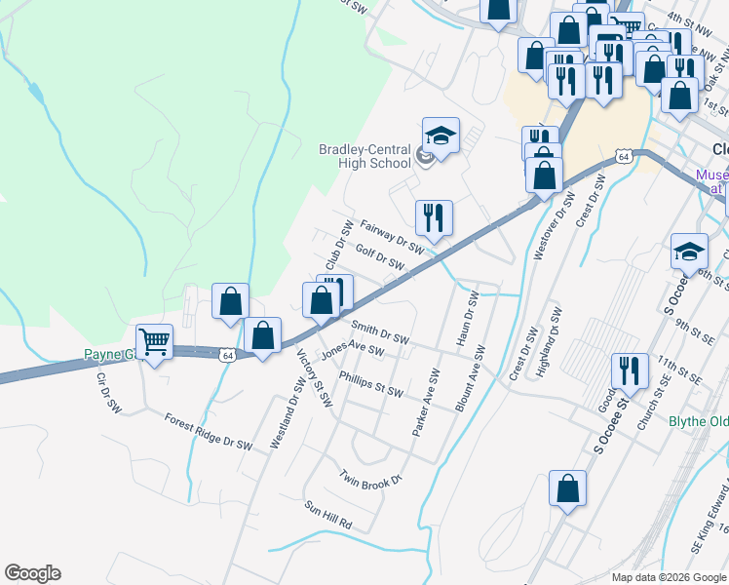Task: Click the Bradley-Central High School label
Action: (365, 156)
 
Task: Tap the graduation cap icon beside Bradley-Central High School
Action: (441, 135)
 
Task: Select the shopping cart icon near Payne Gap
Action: (154, 342)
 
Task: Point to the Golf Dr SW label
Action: (379, 257)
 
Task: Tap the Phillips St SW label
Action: (370, 383)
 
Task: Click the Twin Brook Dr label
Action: (370, 478)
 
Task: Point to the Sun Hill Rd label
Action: (327, 515)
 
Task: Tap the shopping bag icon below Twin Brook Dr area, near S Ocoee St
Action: (567, 487)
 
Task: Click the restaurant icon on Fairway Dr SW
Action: (433, 217)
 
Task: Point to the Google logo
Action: (32, 573)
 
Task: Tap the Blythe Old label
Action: (698, 421)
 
